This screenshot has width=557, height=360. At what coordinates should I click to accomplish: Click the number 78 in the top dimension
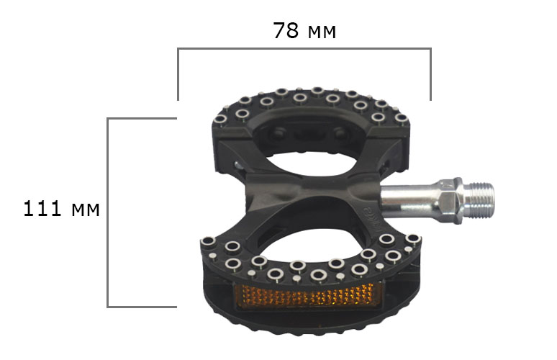pos(286,30)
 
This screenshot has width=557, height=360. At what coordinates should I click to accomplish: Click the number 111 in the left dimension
pos(42,209)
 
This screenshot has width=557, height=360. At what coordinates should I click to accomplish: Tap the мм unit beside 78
pos(322,32)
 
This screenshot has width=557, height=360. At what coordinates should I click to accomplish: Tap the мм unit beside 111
pos(85,210)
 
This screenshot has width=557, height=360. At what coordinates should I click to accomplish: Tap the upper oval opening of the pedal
pos(310,164)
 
